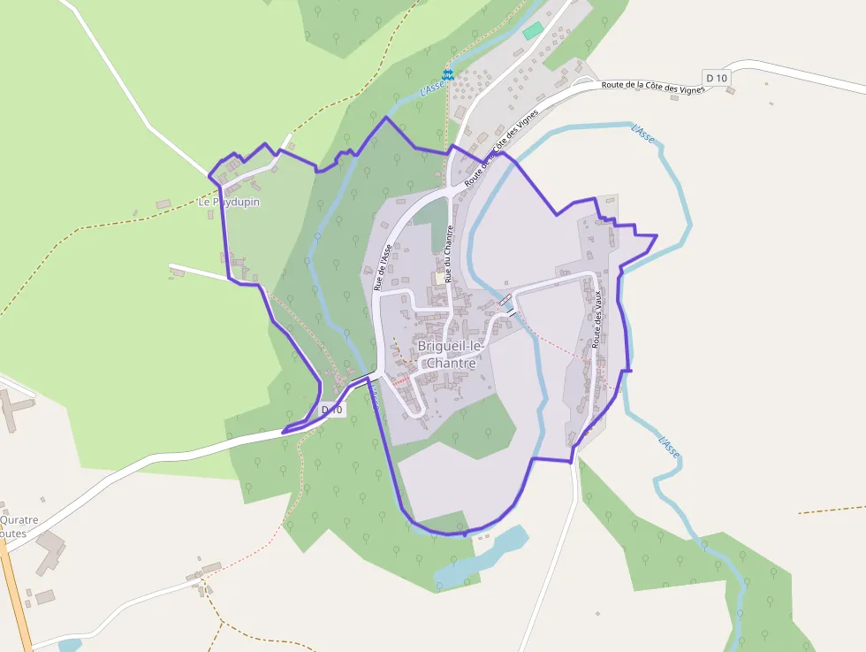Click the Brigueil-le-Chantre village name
tap(451, 355)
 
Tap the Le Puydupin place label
tap(229, 202)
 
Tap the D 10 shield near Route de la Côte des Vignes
tap(717, 78)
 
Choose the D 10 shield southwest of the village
tap(331, 410)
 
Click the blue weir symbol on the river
tap(448, 74)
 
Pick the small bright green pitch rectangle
tap(532, 31)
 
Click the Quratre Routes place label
tap(18, 526)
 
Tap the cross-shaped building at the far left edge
tap(14, 408)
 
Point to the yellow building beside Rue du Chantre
tap(439, 278)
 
